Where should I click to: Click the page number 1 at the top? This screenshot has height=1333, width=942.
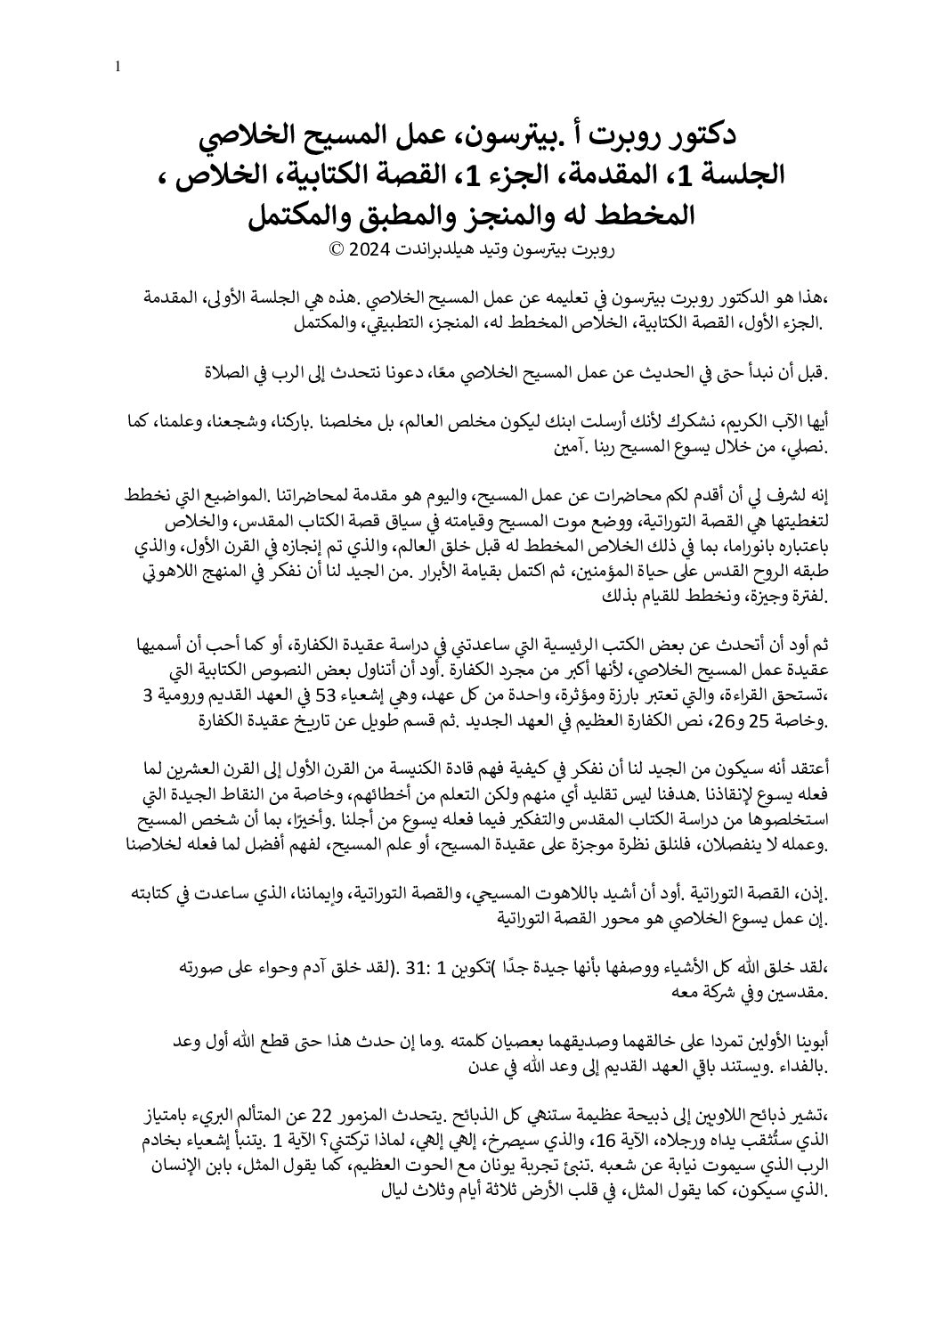tap(118, 67)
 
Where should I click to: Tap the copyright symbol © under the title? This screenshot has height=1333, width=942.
tap(337, 249)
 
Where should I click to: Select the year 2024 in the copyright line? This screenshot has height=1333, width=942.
tap(367, 249)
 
